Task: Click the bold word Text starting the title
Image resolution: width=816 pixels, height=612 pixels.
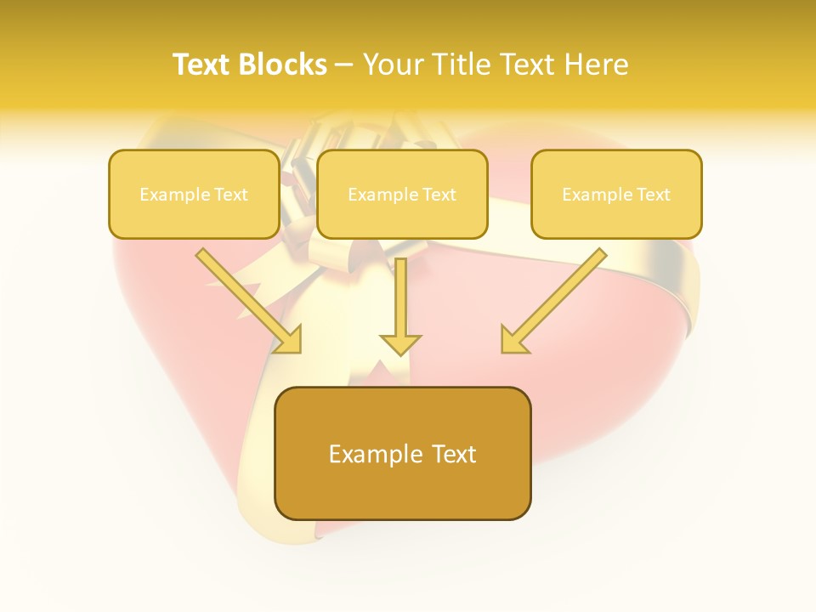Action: (204, 65)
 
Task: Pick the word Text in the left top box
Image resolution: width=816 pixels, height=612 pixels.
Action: (232, 195)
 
